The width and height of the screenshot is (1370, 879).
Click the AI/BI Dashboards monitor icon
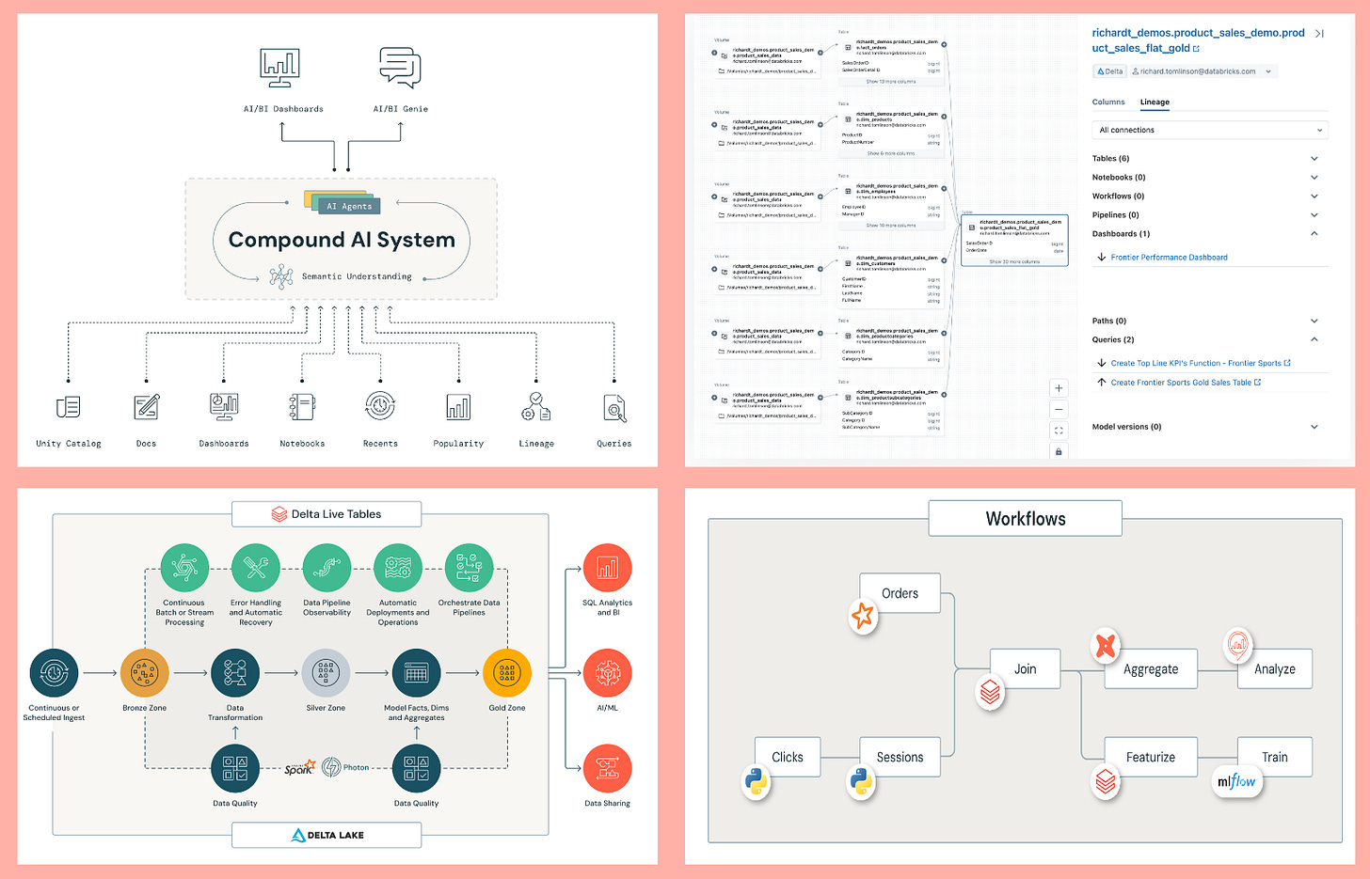point(280,69)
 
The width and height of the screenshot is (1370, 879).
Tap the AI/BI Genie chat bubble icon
point(400,68)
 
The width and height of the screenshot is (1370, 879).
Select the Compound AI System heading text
point(342,240)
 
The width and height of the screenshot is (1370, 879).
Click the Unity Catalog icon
point(68,407)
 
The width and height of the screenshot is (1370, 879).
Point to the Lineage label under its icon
point(536,444)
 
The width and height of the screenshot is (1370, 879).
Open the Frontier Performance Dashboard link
point(1169,258)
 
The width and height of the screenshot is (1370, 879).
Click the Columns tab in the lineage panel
point(1108,102)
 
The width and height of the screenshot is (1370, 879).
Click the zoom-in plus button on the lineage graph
point(1059,388)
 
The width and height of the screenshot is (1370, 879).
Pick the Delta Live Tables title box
point(327,514)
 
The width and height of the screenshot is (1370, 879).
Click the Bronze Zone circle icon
point(145,673)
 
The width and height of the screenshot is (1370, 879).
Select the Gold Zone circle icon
point(507,673)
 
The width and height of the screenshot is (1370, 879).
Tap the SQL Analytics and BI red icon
point(607,568)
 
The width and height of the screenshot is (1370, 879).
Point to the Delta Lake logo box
point(327,835)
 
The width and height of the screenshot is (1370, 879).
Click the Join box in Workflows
point(1025,669)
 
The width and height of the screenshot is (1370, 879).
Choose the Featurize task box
point(1150,757)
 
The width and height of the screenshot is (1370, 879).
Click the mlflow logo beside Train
point(1236,781)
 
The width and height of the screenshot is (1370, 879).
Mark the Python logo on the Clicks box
point(756,782)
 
